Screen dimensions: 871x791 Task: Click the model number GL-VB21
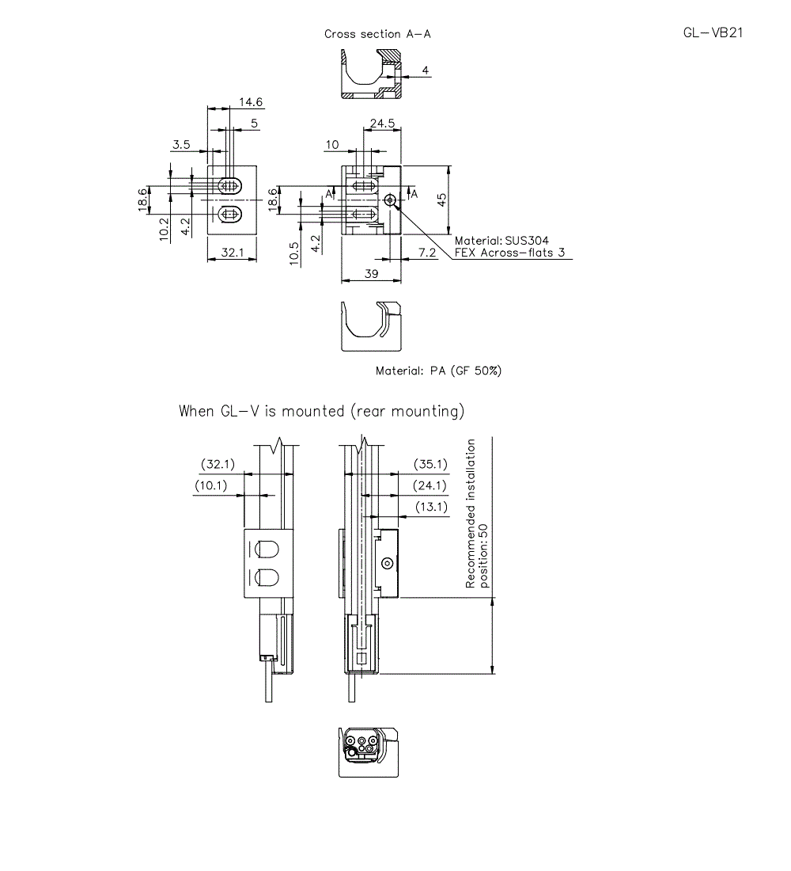713,32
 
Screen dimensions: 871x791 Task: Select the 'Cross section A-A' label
377,34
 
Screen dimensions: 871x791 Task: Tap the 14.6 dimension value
251,102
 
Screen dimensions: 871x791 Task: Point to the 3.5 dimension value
181,144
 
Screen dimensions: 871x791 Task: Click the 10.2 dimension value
163,230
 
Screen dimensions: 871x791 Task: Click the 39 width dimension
371,273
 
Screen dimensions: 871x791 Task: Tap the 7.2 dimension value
426,253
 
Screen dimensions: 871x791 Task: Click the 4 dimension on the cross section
426,70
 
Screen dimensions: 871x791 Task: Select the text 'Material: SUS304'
501,241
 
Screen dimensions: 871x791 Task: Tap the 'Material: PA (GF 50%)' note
438,371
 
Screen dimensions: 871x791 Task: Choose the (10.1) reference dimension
211,485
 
